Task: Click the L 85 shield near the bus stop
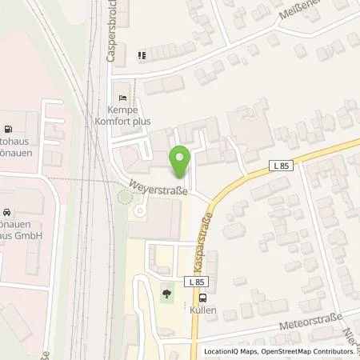coord(198,282)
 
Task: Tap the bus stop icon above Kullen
coord(202,294)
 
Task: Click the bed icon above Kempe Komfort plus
coord(122,88)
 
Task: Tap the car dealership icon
coord(6,214)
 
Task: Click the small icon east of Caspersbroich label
coord(142,56)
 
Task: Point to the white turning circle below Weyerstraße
coord(139,211)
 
